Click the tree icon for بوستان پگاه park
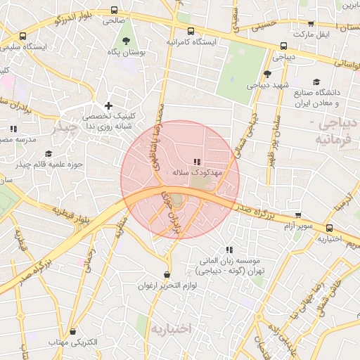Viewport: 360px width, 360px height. point(126,41)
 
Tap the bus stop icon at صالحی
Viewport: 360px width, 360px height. point(115,11)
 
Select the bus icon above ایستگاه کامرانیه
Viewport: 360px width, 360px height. point(191,31)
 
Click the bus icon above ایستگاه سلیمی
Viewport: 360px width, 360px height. point(23,36)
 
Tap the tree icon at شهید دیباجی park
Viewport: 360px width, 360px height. point(267,73)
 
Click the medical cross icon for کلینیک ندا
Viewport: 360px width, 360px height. point(108,105)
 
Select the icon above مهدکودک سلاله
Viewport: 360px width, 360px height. point(196,161)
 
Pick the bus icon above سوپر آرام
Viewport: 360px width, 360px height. point(299,216)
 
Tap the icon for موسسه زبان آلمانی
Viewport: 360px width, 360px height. point(229,250)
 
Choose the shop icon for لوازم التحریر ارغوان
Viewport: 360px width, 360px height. point(166,275)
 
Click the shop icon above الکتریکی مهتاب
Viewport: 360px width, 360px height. point(74,331)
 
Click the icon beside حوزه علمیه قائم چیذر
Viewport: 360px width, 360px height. point(49,154)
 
